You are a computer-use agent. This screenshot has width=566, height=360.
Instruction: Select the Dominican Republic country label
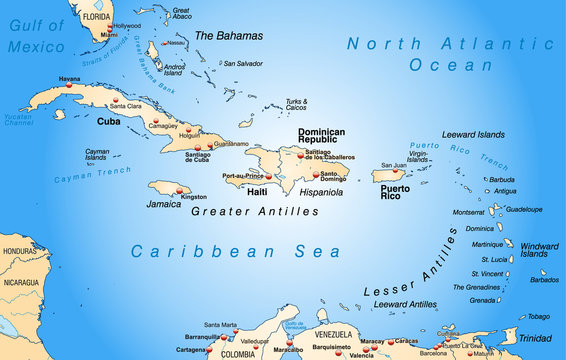(321, 136)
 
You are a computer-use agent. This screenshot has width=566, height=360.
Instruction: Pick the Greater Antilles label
(255, 212)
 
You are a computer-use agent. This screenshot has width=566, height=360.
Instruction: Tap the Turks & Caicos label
(295, 104)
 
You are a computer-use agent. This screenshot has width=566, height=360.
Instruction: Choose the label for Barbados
(544, 280)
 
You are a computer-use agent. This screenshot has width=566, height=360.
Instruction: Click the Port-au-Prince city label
(243, 176)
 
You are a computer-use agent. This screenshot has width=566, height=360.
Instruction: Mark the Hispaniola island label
(311, 191)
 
